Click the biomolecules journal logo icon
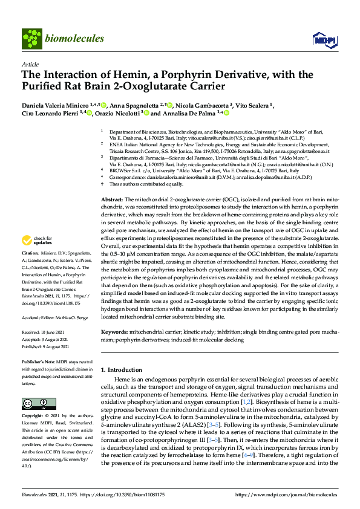pos(31,38)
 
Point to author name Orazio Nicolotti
pos(117,113)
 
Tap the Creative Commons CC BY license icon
pos(34,403)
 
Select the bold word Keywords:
pos(114,332)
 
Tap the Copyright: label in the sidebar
pos(33,417)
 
